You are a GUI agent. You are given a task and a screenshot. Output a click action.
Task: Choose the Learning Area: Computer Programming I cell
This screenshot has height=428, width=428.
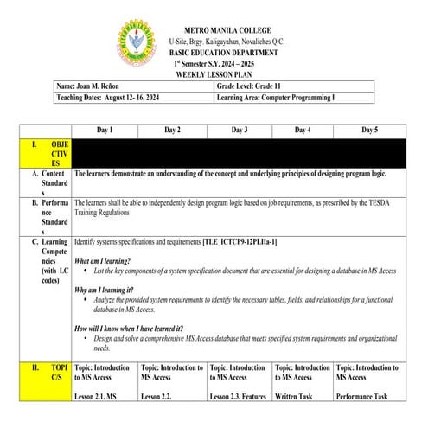tap(277, 98)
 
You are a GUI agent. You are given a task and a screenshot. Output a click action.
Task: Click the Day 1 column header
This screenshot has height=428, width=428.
tap(105, 130)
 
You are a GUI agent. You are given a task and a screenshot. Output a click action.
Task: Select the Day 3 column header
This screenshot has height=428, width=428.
tap(240, 130)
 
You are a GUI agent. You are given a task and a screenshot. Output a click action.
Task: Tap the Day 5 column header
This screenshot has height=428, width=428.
tap(369, 130)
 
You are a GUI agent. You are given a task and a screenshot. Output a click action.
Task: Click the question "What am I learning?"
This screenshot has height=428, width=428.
tap(103, 260)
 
